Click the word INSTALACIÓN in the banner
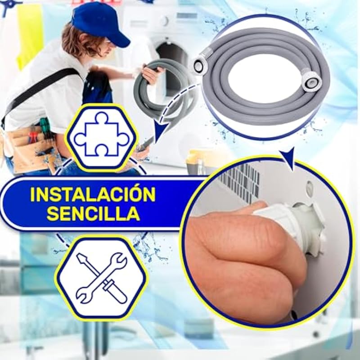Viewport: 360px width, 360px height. click(93, 194)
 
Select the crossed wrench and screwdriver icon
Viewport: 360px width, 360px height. click(101, 278)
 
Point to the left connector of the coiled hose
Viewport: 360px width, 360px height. click(200, 65)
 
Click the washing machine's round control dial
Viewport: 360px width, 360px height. click(164, 21)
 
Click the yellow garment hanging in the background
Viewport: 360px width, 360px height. click(30, 35)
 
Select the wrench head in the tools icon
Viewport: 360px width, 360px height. click(117, 260)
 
